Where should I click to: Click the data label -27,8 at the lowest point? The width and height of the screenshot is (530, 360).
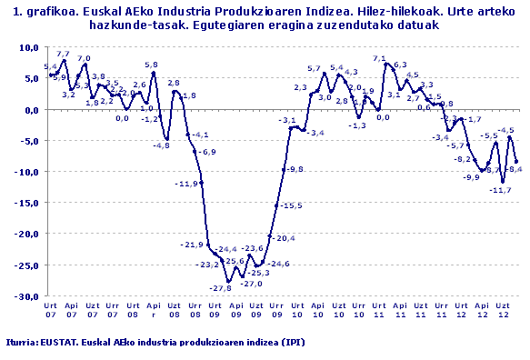[220, 288]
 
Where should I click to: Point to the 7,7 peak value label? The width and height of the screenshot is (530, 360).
[63, 55]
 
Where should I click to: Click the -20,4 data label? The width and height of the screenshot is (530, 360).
[285, 238]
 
